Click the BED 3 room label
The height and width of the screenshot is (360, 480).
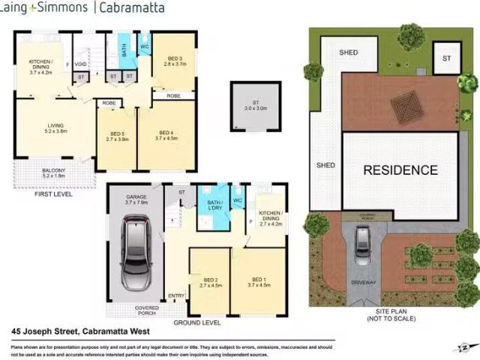point(174,61)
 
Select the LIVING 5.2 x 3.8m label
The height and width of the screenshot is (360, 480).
point(56,128)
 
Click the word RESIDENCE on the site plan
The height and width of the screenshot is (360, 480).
point(400,170)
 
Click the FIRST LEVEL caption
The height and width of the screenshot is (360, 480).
point(54,193)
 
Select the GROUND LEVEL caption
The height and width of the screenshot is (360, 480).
point(196,322)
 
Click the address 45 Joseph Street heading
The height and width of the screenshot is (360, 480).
point(81,331)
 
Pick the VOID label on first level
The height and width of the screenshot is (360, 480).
point(80,64)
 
